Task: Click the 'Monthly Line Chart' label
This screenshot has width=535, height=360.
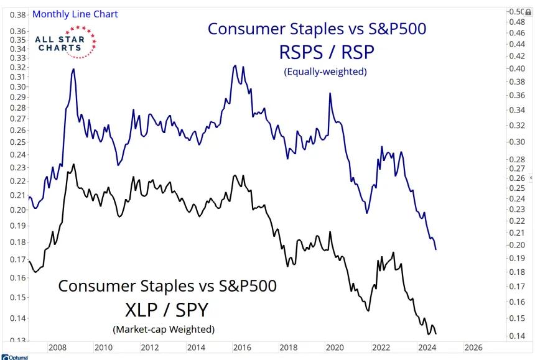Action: click(75, 14)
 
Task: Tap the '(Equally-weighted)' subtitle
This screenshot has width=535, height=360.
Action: click(325, 72)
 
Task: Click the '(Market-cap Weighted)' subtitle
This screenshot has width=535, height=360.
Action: click(164, 329)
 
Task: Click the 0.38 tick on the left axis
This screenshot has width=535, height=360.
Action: click(19, 14)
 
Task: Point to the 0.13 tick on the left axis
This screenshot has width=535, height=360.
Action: click(19, 340)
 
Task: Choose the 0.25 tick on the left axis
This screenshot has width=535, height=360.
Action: click(19, 142)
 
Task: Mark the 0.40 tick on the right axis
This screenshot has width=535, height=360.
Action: click(517, 68)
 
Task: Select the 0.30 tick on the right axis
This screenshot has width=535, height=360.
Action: click(517, 142)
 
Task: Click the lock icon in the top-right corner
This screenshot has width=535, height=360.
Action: click(528, 12)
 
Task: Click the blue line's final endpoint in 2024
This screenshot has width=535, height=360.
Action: click(436, 249)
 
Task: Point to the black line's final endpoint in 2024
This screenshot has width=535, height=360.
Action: click(435, 333)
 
